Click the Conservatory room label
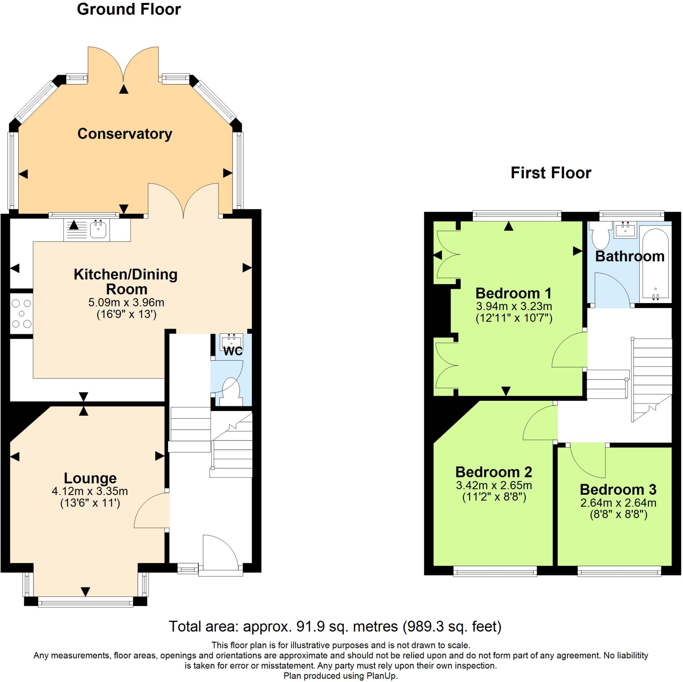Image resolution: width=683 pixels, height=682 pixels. click(124, 134)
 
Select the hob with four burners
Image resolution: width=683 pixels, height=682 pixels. click(21, 313)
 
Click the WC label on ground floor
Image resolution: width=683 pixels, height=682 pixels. click(233, 352)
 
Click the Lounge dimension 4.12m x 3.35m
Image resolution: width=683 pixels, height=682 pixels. click(90, 491)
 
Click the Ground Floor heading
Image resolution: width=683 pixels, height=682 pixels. click(129, 9)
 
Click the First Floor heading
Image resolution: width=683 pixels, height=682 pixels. click(551, 173)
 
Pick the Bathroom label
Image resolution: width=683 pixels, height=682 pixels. click(630, 257)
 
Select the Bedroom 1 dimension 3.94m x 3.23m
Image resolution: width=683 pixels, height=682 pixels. click(514, 306)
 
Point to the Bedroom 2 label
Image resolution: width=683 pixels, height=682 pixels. click(494, 472)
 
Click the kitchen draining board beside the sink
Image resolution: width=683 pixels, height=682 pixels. click(75, 230)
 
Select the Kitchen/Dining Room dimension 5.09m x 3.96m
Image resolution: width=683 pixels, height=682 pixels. click(126, 302)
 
